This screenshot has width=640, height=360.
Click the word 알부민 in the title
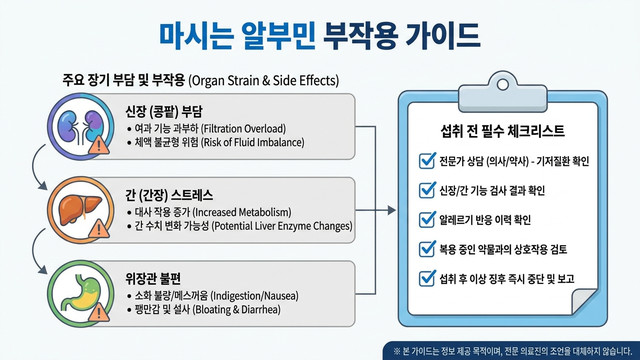click(x=278, y=36)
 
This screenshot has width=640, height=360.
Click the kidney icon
click(x=80, y=127)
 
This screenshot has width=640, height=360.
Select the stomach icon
click(x=80, y=293)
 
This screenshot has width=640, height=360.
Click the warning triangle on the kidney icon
click(x=99, y=145)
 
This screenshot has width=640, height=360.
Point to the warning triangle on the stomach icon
click(x=99, y=313)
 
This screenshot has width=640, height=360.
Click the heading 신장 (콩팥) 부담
click(x=164, y=111)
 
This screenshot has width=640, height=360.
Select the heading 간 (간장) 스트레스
click(x=169, y=195)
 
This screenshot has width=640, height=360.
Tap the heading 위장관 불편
click(x=153, y=279)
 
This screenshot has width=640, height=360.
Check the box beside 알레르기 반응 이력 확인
click(x=427, y=220)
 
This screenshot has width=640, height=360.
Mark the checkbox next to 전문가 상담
click(x=427, y=161)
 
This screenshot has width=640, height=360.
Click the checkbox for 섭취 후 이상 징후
click(x=427, y=278)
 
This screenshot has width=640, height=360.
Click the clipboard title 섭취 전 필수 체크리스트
click(x=502, y=131)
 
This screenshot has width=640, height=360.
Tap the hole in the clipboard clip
click(x=502, y=85)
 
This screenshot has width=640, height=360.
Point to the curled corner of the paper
click(x=584, y=301)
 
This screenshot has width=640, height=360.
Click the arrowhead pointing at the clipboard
click(x=391, y=210)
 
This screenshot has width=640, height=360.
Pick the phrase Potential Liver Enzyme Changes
click(x=282, y=226)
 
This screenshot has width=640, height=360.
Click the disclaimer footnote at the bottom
click(x=512, y=351)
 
